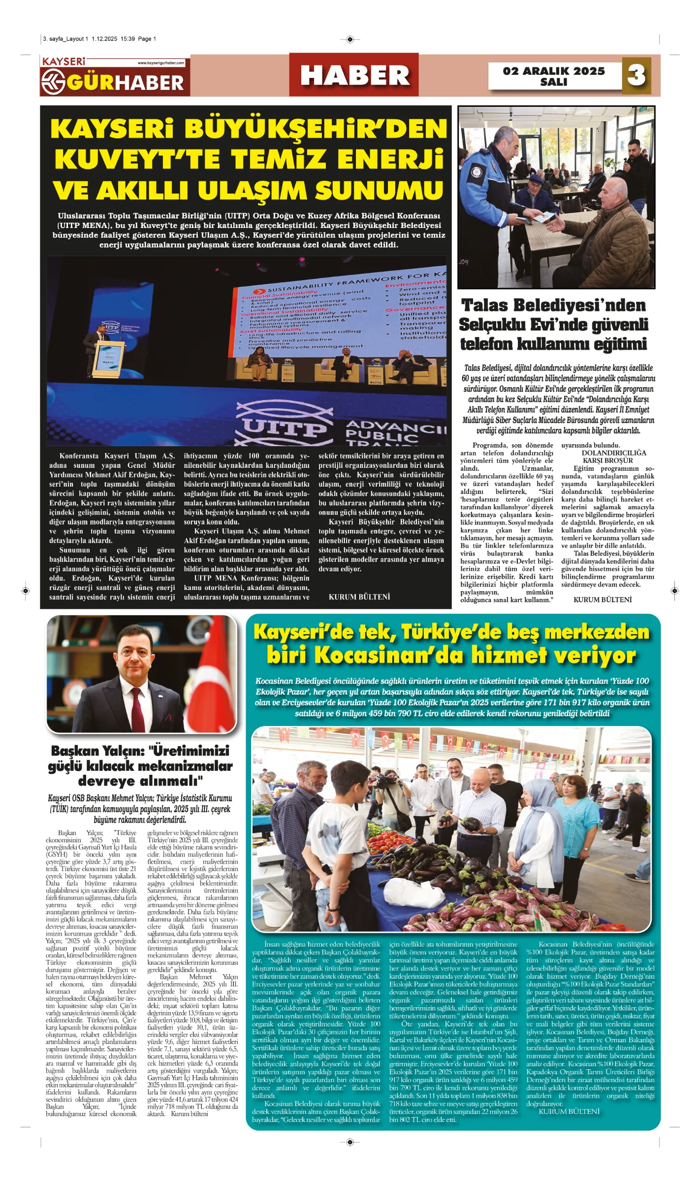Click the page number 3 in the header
(x=636, y=75)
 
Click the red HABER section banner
(x=354, y=75)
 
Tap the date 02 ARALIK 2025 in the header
(x=554, y=71)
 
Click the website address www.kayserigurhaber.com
(x=161, y=63)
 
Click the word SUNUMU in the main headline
(x=380, y=191)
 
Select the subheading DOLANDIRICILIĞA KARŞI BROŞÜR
(x=614, y=457)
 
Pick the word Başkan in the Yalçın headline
(x=75, y=751)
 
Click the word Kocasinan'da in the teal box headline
(x=389, y=656)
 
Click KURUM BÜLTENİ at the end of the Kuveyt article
(x=359, y=597)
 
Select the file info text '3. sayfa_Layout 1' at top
(x=66, y=39)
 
